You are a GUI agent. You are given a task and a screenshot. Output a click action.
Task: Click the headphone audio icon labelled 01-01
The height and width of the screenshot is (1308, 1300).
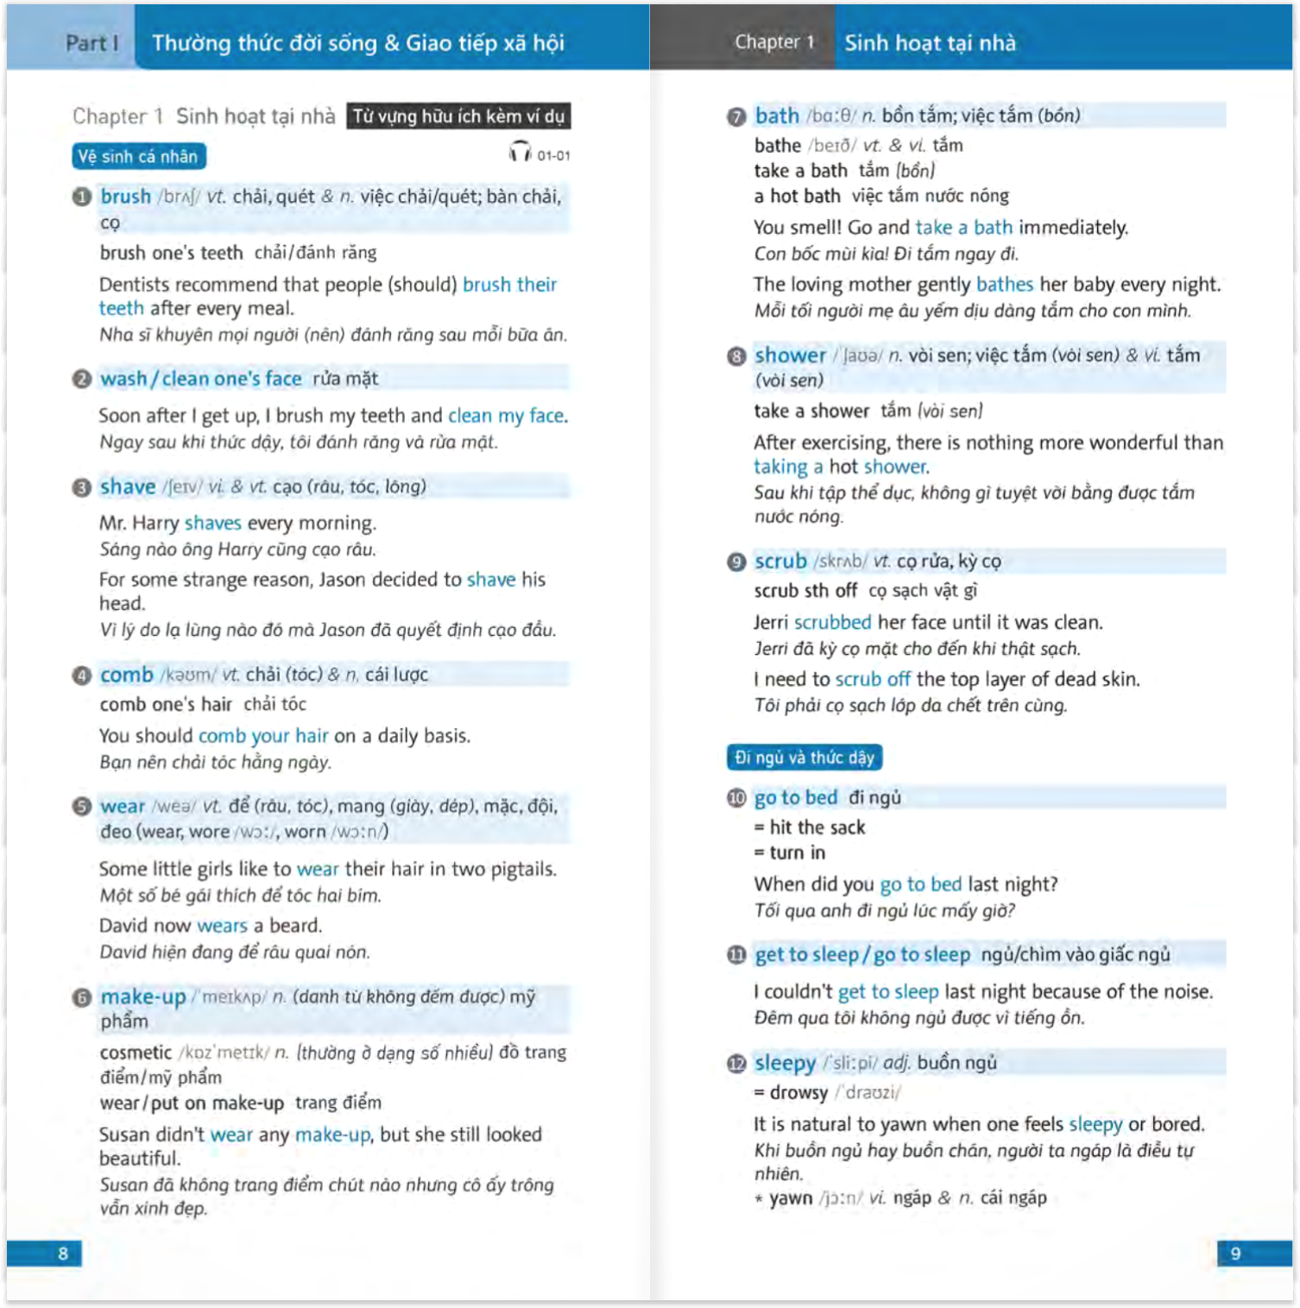pyautogui.click(x=520, y=153)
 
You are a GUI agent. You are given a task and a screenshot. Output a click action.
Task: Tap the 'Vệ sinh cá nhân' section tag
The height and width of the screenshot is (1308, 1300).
pyautogui.click(x=139, y=156)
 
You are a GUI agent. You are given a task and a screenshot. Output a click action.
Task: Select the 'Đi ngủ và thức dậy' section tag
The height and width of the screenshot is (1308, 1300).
pyautogui.click(x=804, y=758)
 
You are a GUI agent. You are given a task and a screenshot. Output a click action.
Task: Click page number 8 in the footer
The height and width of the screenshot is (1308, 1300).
pyautogui.click(x=62, y=1253)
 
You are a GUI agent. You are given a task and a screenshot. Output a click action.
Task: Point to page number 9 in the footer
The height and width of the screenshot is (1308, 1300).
pyautogui.click(x=1235, y=1253)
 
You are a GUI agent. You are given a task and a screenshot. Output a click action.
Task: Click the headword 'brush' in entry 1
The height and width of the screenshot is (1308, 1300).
pyautogui.click(x=125, y=197)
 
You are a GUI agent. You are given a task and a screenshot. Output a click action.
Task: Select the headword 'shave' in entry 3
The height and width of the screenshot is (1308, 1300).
pyautogui.click(x=128, y=487)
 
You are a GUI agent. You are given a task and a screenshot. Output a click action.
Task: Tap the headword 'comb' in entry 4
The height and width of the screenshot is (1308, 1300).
pyautogui.click(x=126, y=675)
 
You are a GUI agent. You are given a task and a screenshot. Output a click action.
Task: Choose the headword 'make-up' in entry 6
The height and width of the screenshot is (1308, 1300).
pyautogui.click(x=142, y=997)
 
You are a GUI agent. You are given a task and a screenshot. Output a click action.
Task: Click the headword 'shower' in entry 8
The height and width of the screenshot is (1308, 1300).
pyautogui.click(x=790, y=355)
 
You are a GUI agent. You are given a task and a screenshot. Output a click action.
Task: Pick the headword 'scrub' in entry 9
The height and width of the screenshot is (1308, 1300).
pyautogui.click(x=780, y=561)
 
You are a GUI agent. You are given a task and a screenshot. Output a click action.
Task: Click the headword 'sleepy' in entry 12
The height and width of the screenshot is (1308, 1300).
pyautogui.click(x=785, y=1063)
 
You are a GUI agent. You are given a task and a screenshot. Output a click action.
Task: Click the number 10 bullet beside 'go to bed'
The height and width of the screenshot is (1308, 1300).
pyautogui.click(x=735, y=798)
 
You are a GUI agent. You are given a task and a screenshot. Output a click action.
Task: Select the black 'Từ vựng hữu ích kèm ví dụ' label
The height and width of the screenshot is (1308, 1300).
pyautogui.click(x=458, y=116)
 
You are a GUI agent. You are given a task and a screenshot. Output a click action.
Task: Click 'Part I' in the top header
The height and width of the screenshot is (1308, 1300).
pyautogui.click(x=92, y=43)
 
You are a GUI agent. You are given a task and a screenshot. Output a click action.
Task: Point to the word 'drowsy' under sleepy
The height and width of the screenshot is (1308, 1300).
pyautogui.click(x=798, y=1092)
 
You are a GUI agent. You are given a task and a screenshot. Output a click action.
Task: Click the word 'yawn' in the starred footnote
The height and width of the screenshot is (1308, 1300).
pyautogui.click(x=791, y=1198)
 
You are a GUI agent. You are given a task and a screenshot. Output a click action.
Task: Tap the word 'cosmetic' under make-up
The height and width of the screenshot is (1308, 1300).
pyautogui.click(x=136, y=1053)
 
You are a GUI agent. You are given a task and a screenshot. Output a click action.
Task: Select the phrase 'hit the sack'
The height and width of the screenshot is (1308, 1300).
pyautogui.click(x=817, y=827)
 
